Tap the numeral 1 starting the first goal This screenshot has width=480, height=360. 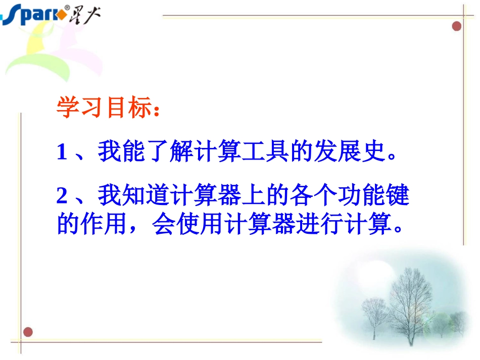click(62, 152)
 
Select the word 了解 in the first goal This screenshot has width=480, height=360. click(169, 152)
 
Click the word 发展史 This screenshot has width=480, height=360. click(346, 152)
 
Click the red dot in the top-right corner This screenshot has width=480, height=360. click(457, 26)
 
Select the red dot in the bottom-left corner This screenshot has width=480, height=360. click(28, 332)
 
